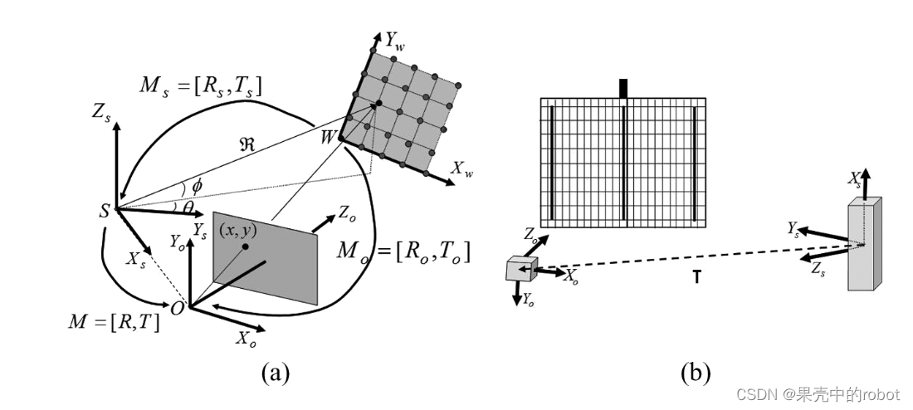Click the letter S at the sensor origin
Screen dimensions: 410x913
click(x=104, y=210)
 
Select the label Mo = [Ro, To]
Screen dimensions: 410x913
click(x=406, y=251)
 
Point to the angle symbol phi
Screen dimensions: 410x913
click(x=197, y=184)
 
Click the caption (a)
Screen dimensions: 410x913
click(x=275, y=373)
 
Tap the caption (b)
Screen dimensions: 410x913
click(x=695, y=373)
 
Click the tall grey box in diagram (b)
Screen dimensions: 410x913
click(x=864, y=244)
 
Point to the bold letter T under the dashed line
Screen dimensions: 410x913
click(x=696, y=278)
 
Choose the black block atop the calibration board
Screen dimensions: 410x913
click(x=623, y=88)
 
